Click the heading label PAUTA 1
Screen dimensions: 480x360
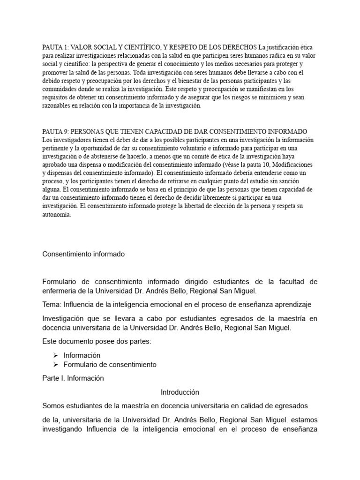click(x=55, y=48)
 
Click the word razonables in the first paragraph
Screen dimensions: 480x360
click(x=58, y=106)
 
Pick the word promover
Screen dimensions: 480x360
click(x=56, y=73)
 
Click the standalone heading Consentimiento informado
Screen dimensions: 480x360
click(x=83, y=254)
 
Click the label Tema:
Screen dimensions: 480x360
click(x=52, y=305)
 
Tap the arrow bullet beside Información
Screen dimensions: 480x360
click(x=55, y=355)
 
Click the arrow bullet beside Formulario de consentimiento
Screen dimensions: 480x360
click(x=55, y=364)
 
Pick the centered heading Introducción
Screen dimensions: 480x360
click(x=180, y=392)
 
